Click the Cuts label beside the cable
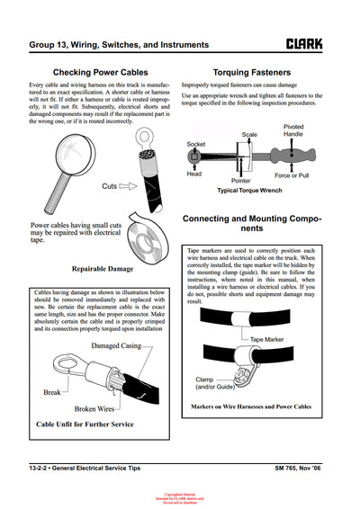point(111,186)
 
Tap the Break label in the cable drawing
point(52,392)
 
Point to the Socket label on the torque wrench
point(195,144)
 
